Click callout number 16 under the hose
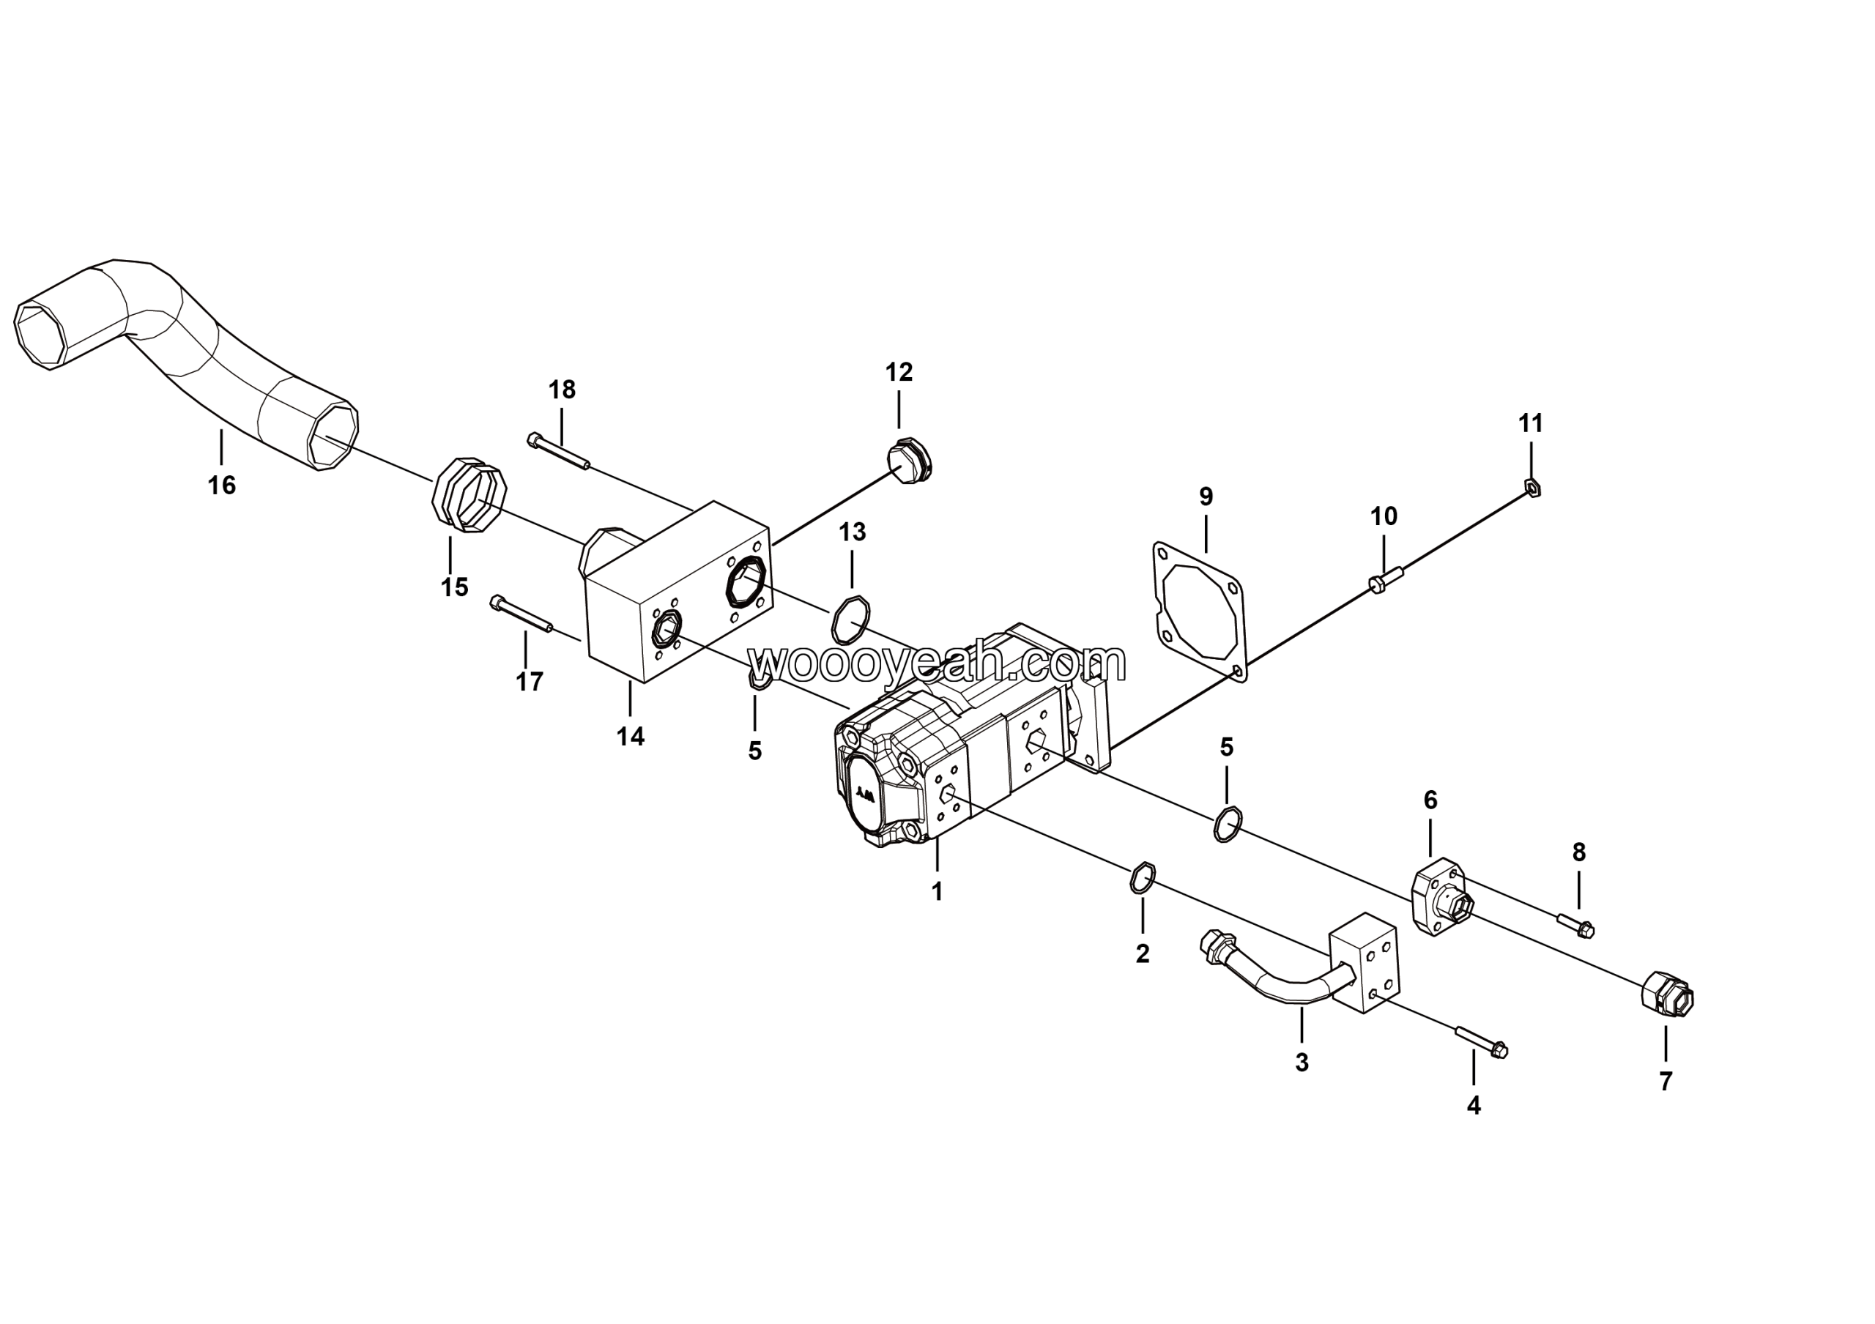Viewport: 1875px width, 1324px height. [x=221, y=486]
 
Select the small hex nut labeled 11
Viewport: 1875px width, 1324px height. [x=1533, y=489]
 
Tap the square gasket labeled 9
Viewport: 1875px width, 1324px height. [x=1200, y=611]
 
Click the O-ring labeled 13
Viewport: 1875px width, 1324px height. [x=850, y=620]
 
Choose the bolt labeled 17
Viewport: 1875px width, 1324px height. [x=521, y=614]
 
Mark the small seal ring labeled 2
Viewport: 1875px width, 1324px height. [x=1143, y=877]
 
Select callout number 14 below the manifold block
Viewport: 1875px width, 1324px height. [x=630, y=737]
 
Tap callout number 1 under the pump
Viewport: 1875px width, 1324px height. [x=937, y=891]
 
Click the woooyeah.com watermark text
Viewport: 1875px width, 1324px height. [x=937, y=662]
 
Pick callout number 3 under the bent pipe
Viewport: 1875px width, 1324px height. [x=1302, y=1063]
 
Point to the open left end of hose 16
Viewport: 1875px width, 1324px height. [x=41, y=335]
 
